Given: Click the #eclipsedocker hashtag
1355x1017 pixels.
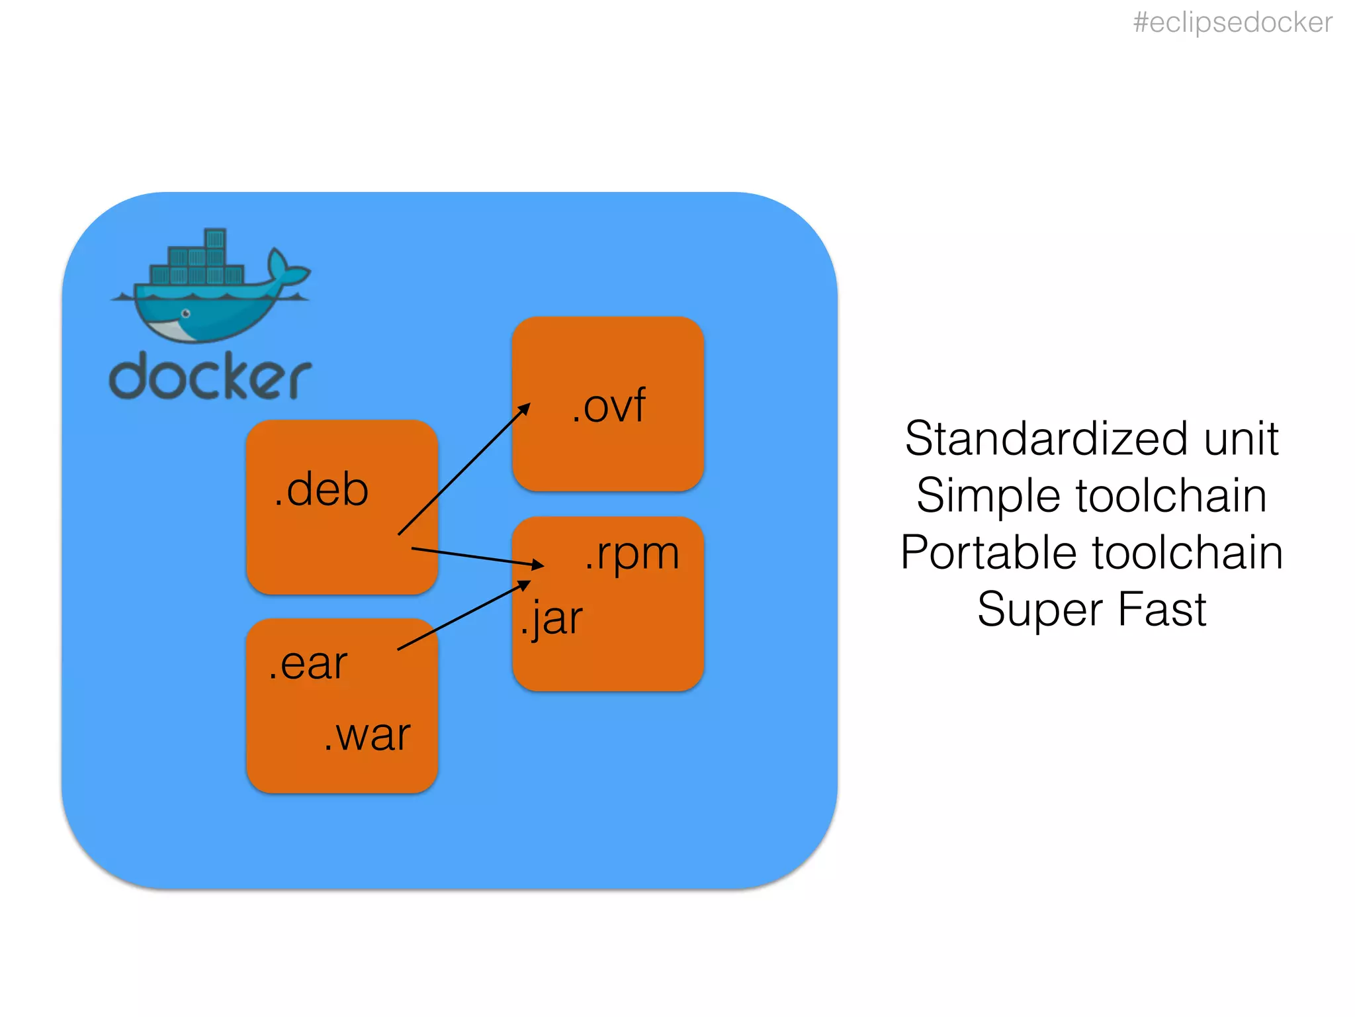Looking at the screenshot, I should pyautogui.click(x=1232, y=23).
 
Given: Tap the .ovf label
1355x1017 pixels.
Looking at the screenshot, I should pyautogui.click(x=609, y=406).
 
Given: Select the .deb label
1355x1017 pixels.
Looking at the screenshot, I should pyautogui.click(x=322, y=490).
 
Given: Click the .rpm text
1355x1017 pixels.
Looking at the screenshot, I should pyautogui.click(x=632, y=554).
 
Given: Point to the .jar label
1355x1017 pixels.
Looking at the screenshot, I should pyautogui.click(x=551, y=619).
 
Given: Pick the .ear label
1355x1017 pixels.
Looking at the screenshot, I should pyautogui.click(x=308, y=663).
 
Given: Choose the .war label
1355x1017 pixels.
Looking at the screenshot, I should pyautogui.click(x=368, y=735).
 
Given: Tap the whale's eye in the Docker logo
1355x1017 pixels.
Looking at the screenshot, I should pyautogui.click(x=186, y=313).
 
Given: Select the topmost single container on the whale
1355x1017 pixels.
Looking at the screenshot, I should pyautogui.click(x=215, y=238).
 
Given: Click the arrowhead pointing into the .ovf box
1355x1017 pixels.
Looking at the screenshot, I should pyautogui.click(x=525, y=409).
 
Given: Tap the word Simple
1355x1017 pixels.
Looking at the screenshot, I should pyautogui.click(x=988, y=497).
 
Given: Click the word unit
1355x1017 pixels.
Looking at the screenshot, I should pyautogui.click(x=1241, y=439).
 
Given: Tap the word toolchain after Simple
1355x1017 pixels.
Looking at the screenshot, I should pyautogui.click(x=1171, y=496).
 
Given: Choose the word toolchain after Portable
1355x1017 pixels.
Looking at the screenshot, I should pyautogui.click(x=1188, y=553).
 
